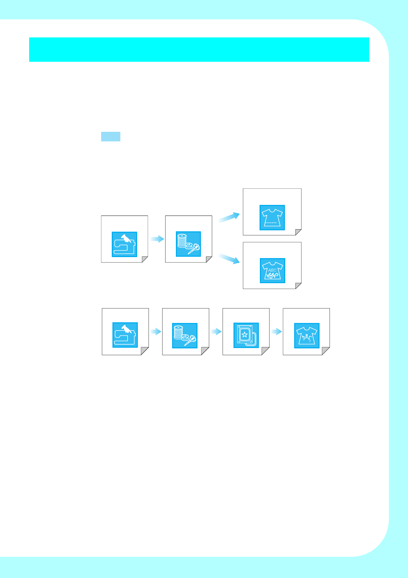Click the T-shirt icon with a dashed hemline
click(272, 217)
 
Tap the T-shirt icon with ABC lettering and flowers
click(272, 270)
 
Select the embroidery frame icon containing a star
click(246, 335)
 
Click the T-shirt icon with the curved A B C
click(307, 335)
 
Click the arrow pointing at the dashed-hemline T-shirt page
click(229, 217)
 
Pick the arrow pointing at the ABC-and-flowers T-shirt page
click(229, 258)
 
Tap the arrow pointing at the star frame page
click(216, 332)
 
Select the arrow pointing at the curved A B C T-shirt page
click(276, 332)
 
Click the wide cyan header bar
click(199, 49)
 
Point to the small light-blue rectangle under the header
click(110, 136)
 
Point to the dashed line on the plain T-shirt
click(271, 223)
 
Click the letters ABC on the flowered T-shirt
click(272, 270)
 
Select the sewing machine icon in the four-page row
click(125, 335)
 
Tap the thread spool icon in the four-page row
click(184, 335)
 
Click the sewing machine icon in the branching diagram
click(124, 244)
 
